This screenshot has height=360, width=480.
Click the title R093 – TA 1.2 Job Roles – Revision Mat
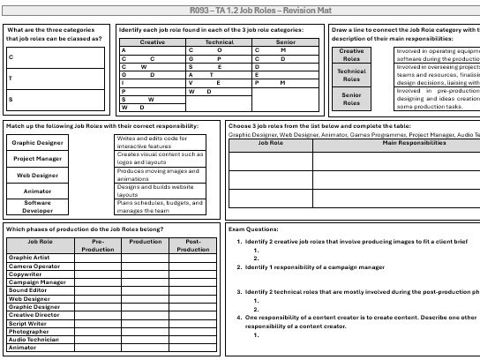point(240,9)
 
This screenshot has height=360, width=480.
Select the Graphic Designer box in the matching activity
point(37,142)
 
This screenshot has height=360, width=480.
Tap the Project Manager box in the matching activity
point(37,159)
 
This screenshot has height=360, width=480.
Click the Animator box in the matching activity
point(37,191)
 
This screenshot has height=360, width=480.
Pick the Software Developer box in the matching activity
point(37,206)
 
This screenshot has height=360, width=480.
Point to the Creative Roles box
point(351,56)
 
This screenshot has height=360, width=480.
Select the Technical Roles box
point(351,76)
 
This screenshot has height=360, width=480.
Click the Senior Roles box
point(351,98)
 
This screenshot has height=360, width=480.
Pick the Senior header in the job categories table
point(284,41)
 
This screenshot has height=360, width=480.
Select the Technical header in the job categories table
point(220,41)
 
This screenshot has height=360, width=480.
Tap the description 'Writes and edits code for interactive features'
point(159,141)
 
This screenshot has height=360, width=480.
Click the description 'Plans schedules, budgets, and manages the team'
point(159,207)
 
